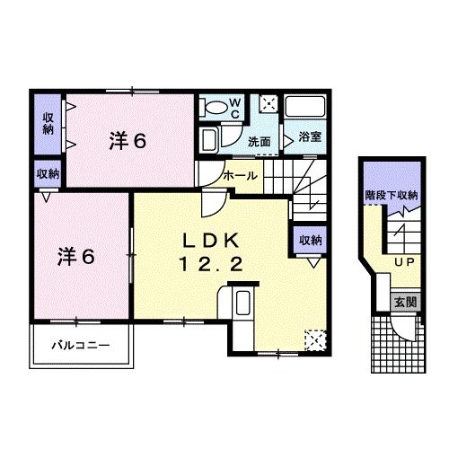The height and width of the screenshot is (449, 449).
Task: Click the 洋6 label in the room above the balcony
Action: pyautogui.click(x=76, y=255)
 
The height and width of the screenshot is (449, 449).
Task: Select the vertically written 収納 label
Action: pyautogui.click(x=48, y=125)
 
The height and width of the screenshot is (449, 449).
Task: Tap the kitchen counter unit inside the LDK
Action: pyautogui.click(x=240, y=307)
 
